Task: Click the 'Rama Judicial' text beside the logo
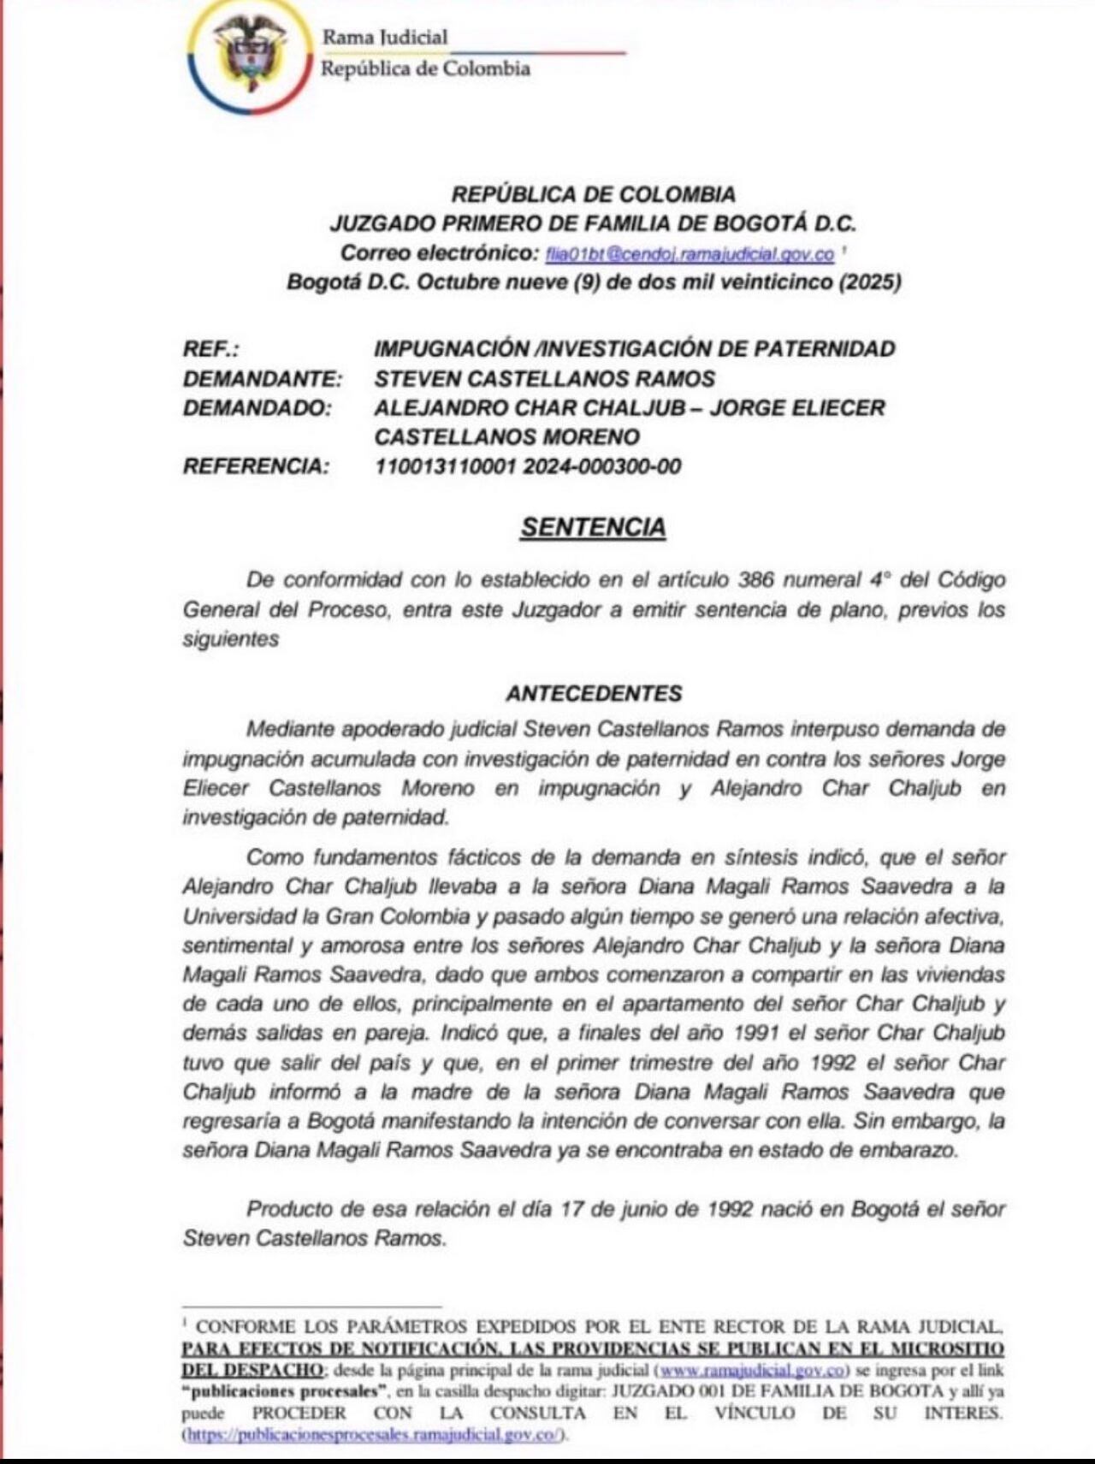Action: [x=384, y=37]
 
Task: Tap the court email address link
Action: [x=690, y=253]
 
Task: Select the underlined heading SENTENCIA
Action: [x=593, y=527]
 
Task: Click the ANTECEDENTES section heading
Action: [x=594, y=693]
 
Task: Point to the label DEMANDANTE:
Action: [x=263, y=378]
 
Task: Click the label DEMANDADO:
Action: [x=257, y=408]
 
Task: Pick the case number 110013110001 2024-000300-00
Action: [x=528, y=466]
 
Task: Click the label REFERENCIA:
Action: [x=256, y=466]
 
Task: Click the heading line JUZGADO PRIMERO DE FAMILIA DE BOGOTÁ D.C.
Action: [x=593, y=224]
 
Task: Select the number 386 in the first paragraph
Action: [x=756, y=580]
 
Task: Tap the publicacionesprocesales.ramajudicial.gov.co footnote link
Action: [x=374, y=1435]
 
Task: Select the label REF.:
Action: [x=211, y=349]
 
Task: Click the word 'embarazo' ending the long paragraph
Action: [x=913, y=1150]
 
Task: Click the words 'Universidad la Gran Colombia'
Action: [x=326, y=916]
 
